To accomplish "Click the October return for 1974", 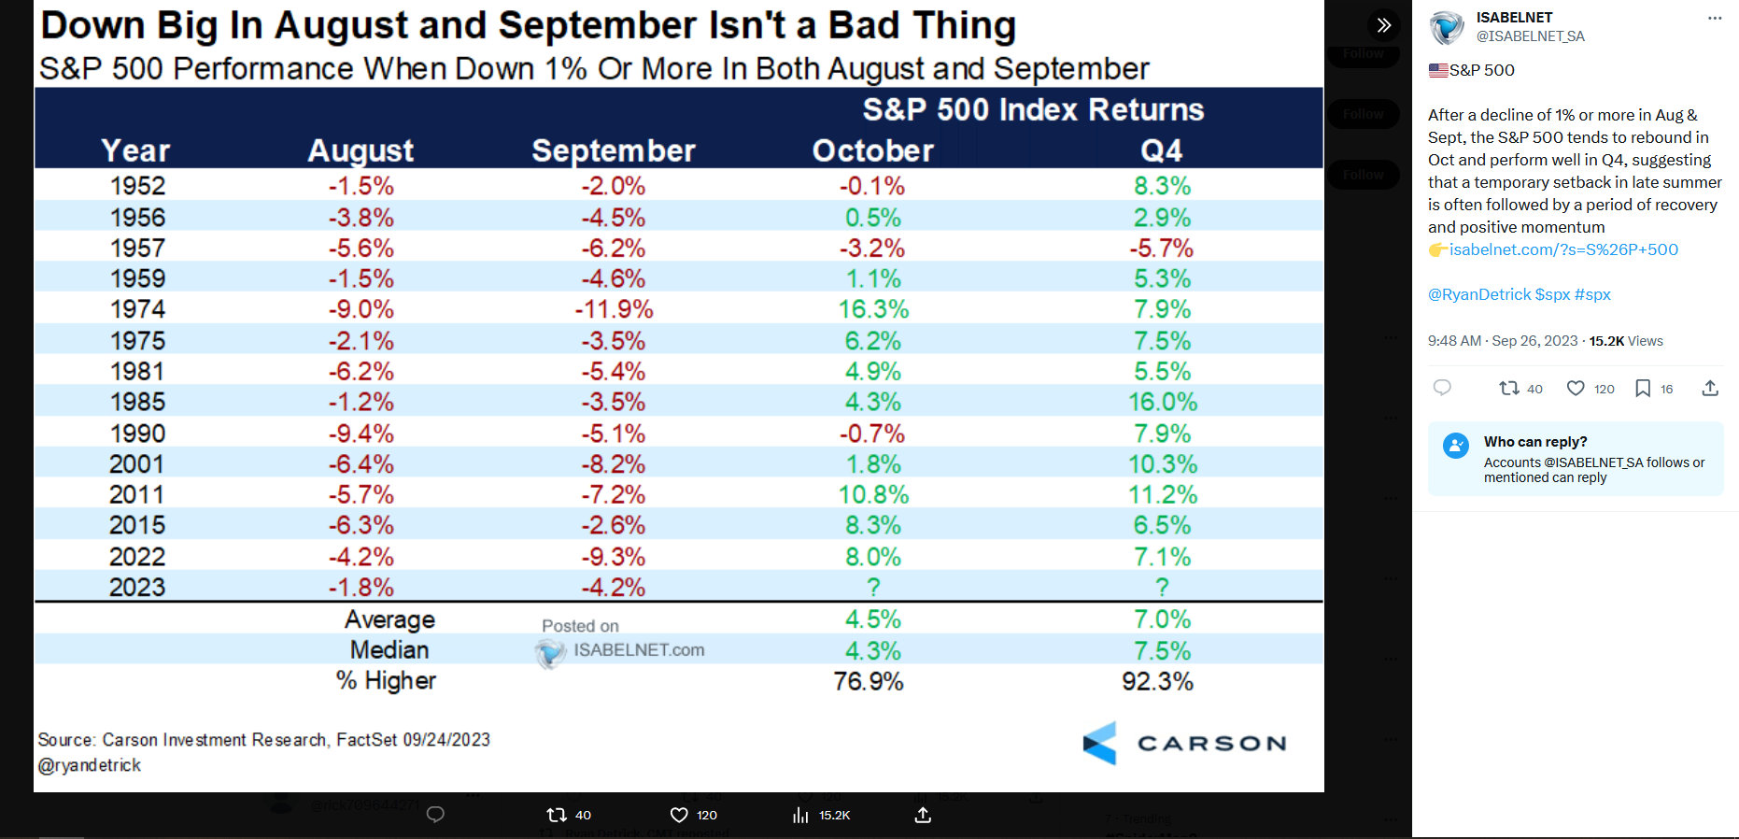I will click(873, 309).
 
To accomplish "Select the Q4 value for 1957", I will click(1161, 249).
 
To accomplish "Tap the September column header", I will click(614, 150).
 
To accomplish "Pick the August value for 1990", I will click(361, 434).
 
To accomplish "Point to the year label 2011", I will click(136, 495).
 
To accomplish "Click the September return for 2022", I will click(613, 557).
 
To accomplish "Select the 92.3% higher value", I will click(1157, 681).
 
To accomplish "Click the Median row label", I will click(389, 650).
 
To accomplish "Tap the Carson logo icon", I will click(1100, 744).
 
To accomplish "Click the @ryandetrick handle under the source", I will click(90, 765).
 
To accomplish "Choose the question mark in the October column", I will click(873, 588).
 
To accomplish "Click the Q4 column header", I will click(1161, 150).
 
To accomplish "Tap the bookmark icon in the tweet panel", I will click(1643, 389).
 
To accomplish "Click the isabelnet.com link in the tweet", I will click(1563, 249).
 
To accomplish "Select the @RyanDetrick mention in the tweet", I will click(1479, 294).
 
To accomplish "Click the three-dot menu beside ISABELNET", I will click(1715, 18).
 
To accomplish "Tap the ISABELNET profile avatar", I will click(1447, 27).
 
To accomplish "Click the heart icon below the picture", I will click(679, 815).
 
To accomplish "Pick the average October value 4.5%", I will click(873, 619).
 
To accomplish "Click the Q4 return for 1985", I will click(1162, 402).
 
